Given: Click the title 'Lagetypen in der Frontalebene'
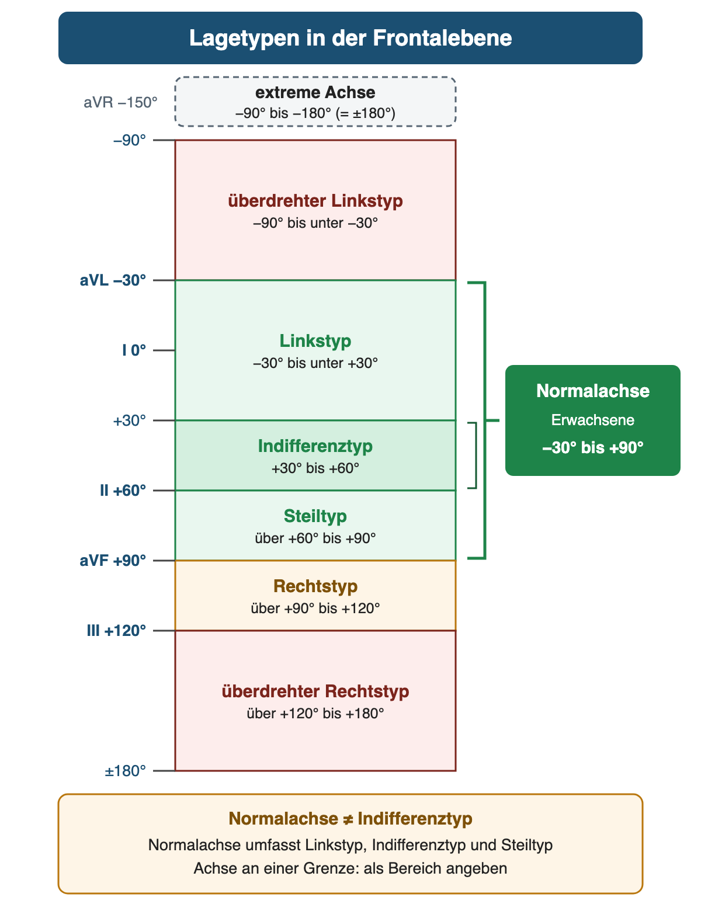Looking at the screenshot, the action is pyautogui.click(x=350, y=38).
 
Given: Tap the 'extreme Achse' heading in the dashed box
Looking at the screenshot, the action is pyautogui.click(x=315, y=92).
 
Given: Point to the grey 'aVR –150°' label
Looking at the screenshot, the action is pyautogui.click(x=120, y=102).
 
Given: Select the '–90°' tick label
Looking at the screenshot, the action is pyautogui.click(x=130, y=140).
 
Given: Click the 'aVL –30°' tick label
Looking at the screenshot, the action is pyautogui.click(x=113, y=280).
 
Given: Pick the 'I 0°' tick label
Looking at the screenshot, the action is pyautogui.click(x=134, y=350).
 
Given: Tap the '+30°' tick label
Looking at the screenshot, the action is pyautogui.click(x=130, y=420).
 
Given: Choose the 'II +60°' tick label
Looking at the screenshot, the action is pyautogui.click(x=123, y=490).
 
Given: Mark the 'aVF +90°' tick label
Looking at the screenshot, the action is pyautogui.click(x=113, y=560).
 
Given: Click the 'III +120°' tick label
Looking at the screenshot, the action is pyautogui.click(x=117, y=630).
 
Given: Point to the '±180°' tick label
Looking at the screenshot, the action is pyautogui.click(x=126, y=771).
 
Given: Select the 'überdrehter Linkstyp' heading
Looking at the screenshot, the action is pyautogui.click(x=315, y=201).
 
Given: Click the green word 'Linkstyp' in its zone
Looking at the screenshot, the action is pyautogui.click(x=315, y=341).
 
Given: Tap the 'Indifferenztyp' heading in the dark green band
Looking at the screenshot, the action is pyautogui.click(x=315, y=446).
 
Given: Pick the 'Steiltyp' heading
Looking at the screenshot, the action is pyautogui.click(x=315, y=516).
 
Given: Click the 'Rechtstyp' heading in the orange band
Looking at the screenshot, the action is pyautogui.click(x=315, y=586).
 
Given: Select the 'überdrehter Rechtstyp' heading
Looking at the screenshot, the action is pyautogui.click(x=315, y=691).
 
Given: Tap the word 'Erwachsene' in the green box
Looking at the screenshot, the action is pyautogui.click(x=592, y=420).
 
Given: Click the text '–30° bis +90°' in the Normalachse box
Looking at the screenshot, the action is pyautogui.click(x=592, y=447).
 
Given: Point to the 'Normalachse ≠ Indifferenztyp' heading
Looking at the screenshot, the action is pyautogui.click(x=350, y=818).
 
